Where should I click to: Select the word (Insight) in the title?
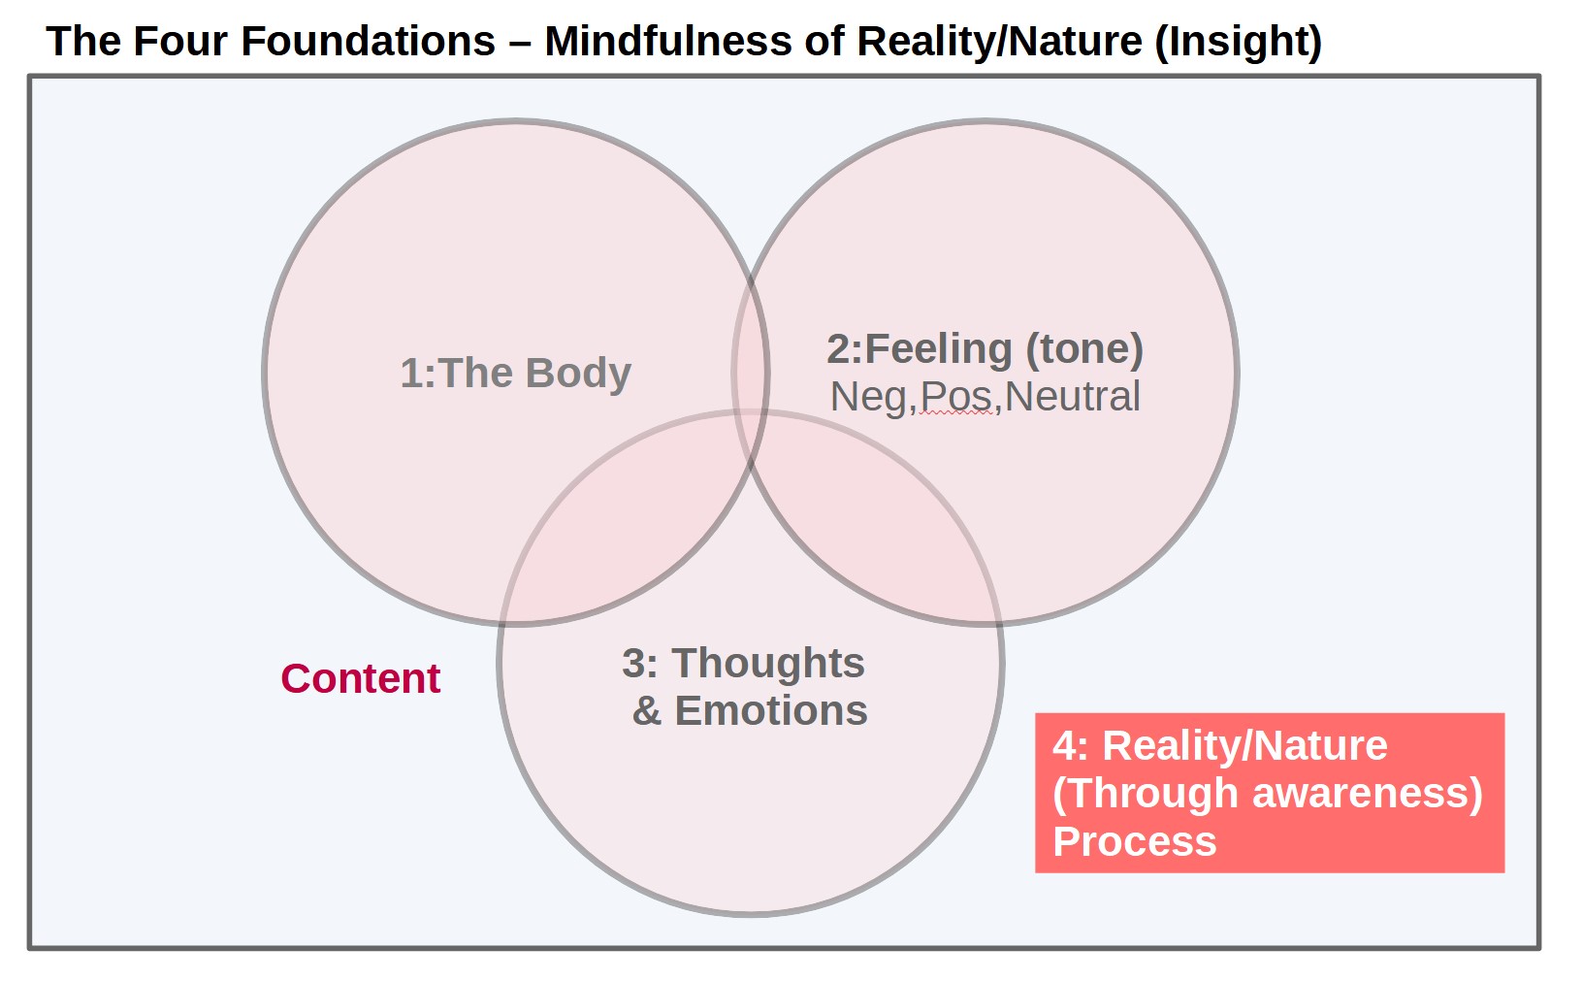click(x=1239, y=42)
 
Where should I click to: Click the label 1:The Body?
click(x=515, y=374)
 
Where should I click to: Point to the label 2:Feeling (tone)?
click(x=985, y=349)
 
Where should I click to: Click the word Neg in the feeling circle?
click(x=869, y=397)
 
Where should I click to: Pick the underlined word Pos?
click(x=955, y=397)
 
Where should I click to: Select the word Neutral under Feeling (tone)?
click(x=1073, y=397)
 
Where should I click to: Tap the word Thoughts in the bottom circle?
click(x=768, y=664)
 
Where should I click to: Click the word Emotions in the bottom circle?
click(x=771, y=711)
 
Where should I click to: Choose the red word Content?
click(x=360, y=678)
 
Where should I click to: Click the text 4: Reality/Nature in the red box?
click(x=1219, y=745)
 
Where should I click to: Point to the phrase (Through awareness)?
click(x=1267, y=793)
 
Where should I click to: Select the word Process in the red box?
click(x=1134, y=841)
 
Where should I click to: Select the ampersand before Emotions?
click(x=646, y=711)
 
